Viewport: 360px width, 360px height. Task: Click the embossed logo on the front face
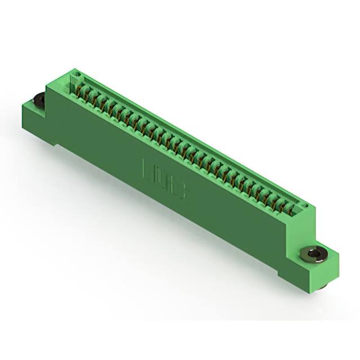click(x=165, y=179)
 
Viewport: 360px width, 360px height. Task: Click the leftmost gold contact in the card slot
click(x=79, y=89)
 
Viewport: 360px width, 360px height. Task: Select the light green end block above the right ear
click(x=304, y=225)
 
